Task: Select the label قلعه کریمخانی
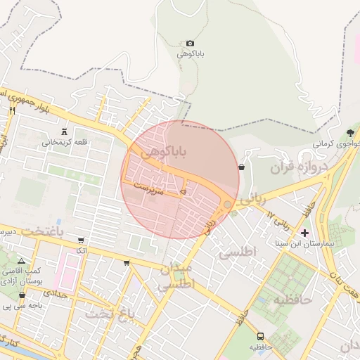coord(65,142)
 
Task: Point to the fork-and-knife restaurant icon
coord(12,110)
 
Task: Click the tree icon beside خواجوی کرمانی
coord(350,132)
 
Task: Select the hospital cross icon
coord(304,232)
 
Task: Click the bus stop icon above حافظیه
coord(261,337)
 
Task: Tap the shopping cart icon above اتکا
coord(81,240)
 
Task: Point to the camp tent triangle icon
coord(21,261)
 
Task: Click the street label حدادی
coord(56,294)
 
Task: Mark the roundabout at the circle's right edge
coord(227,204)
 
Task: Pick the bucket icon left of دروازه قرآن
coord(242,167)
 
